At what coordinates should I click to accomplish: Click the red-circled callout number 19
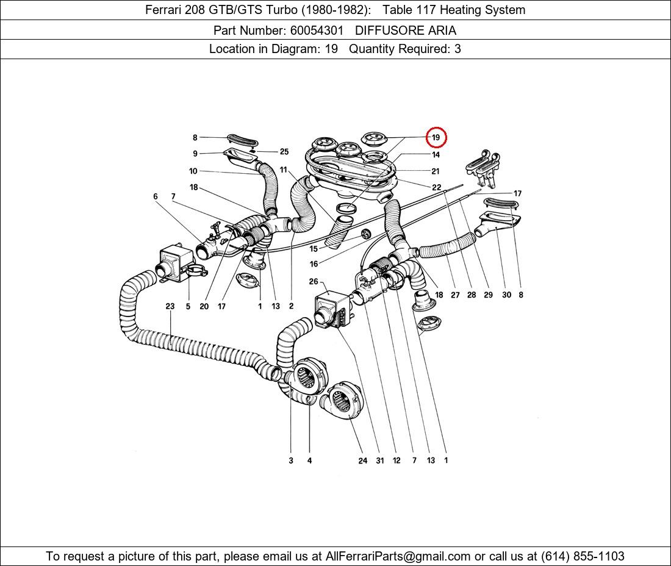point(436,138)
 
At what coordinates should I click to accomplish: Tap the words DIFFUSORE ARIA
point(406,30)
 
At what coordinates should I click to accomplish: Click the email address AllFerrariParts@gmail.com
point(398,556)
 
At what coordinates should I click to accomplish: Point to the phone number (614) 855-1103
point(582,556)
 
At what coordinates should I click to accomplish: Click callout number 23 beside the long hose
point(170,307)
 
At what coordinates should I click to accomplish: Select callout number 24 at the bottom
point(363,460)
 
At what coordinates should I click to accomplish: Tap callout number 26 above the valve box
point(314,282)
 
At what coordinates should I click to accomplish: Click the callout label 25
point(284,152)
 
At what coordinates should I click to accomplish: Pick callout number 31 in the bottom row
point(380,460)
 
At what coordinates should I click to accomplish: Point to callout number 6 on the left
point(156,196)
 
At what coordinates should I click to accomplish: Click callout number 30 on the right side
point(506,295)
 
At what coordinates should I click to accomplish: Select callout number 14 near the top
point(436,155)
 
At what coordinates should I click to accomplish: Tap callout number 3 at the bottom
point(291,460)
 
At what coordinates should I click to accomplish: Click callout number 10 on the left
point(193,171)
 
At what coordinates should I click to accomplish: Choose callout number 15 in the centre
point(314,249)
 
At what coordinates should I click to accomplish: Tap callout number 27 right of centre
point(455,295)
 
